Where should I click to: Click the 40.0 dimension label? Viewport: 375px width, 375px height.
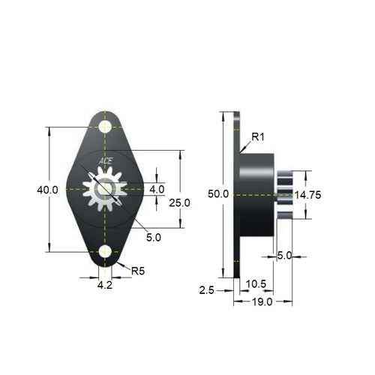coord(47,190)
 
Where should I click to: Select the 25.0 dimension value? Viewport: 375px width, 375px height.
coord(180,202)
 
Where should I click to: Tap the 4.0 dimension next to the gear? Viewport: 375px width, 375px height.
coord(156,190)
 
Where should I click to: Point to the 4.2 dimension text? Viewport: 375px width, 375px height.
coord(106,285)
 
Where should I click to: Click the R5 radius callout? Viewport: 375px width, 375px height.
coord(138,271)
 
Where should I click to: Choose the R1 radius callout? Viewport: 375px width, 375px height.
coord(257,137)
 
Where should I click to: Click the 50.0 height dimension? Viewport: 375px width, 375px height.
coord(218,194)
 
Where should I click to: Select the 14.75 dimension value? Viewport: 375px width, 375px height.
coord(307,195)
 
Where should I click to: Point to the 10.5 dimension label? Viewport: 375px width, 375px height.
coord(256,283)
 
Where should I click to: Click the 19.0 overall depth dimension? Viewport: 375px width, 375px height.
coord(262,301)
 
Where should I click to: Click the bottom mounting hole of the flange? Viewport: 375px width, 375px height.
coord(105,252)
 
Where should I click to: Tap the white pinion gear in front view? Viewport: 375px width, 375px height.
coord(105,190)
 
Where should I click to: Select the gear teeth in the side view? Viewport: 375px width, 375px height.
coord(283,195)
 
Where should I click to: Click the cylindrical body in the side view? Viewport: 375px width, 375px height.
coord(256,195)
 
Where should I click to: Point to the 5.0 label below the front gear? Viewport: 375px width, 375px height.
coord(153,237)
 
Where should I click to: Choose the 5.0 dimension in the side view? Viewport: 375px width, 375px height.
coord(284,256)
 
